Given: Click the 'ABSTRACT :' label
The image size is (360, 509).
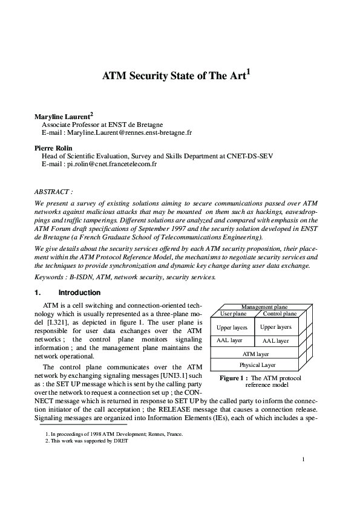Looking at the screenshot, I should point(53,191).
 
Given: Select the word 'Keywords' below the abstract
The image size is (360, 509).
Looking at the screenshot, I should point(50,277).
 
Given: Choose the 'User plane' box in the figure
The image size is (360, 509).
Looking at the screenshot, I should point(233,314).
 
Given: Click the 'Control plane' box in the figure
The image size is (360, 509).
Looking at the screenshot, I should point(280,314).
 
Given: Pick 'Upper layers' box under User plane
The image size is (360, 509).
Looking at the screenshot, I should point(232,327).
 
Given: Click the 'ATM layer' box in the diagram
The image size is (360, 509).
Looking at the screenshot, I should point(255,354).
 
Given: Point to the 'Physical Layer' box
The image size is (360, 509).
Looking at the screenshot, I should point(255,365).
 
